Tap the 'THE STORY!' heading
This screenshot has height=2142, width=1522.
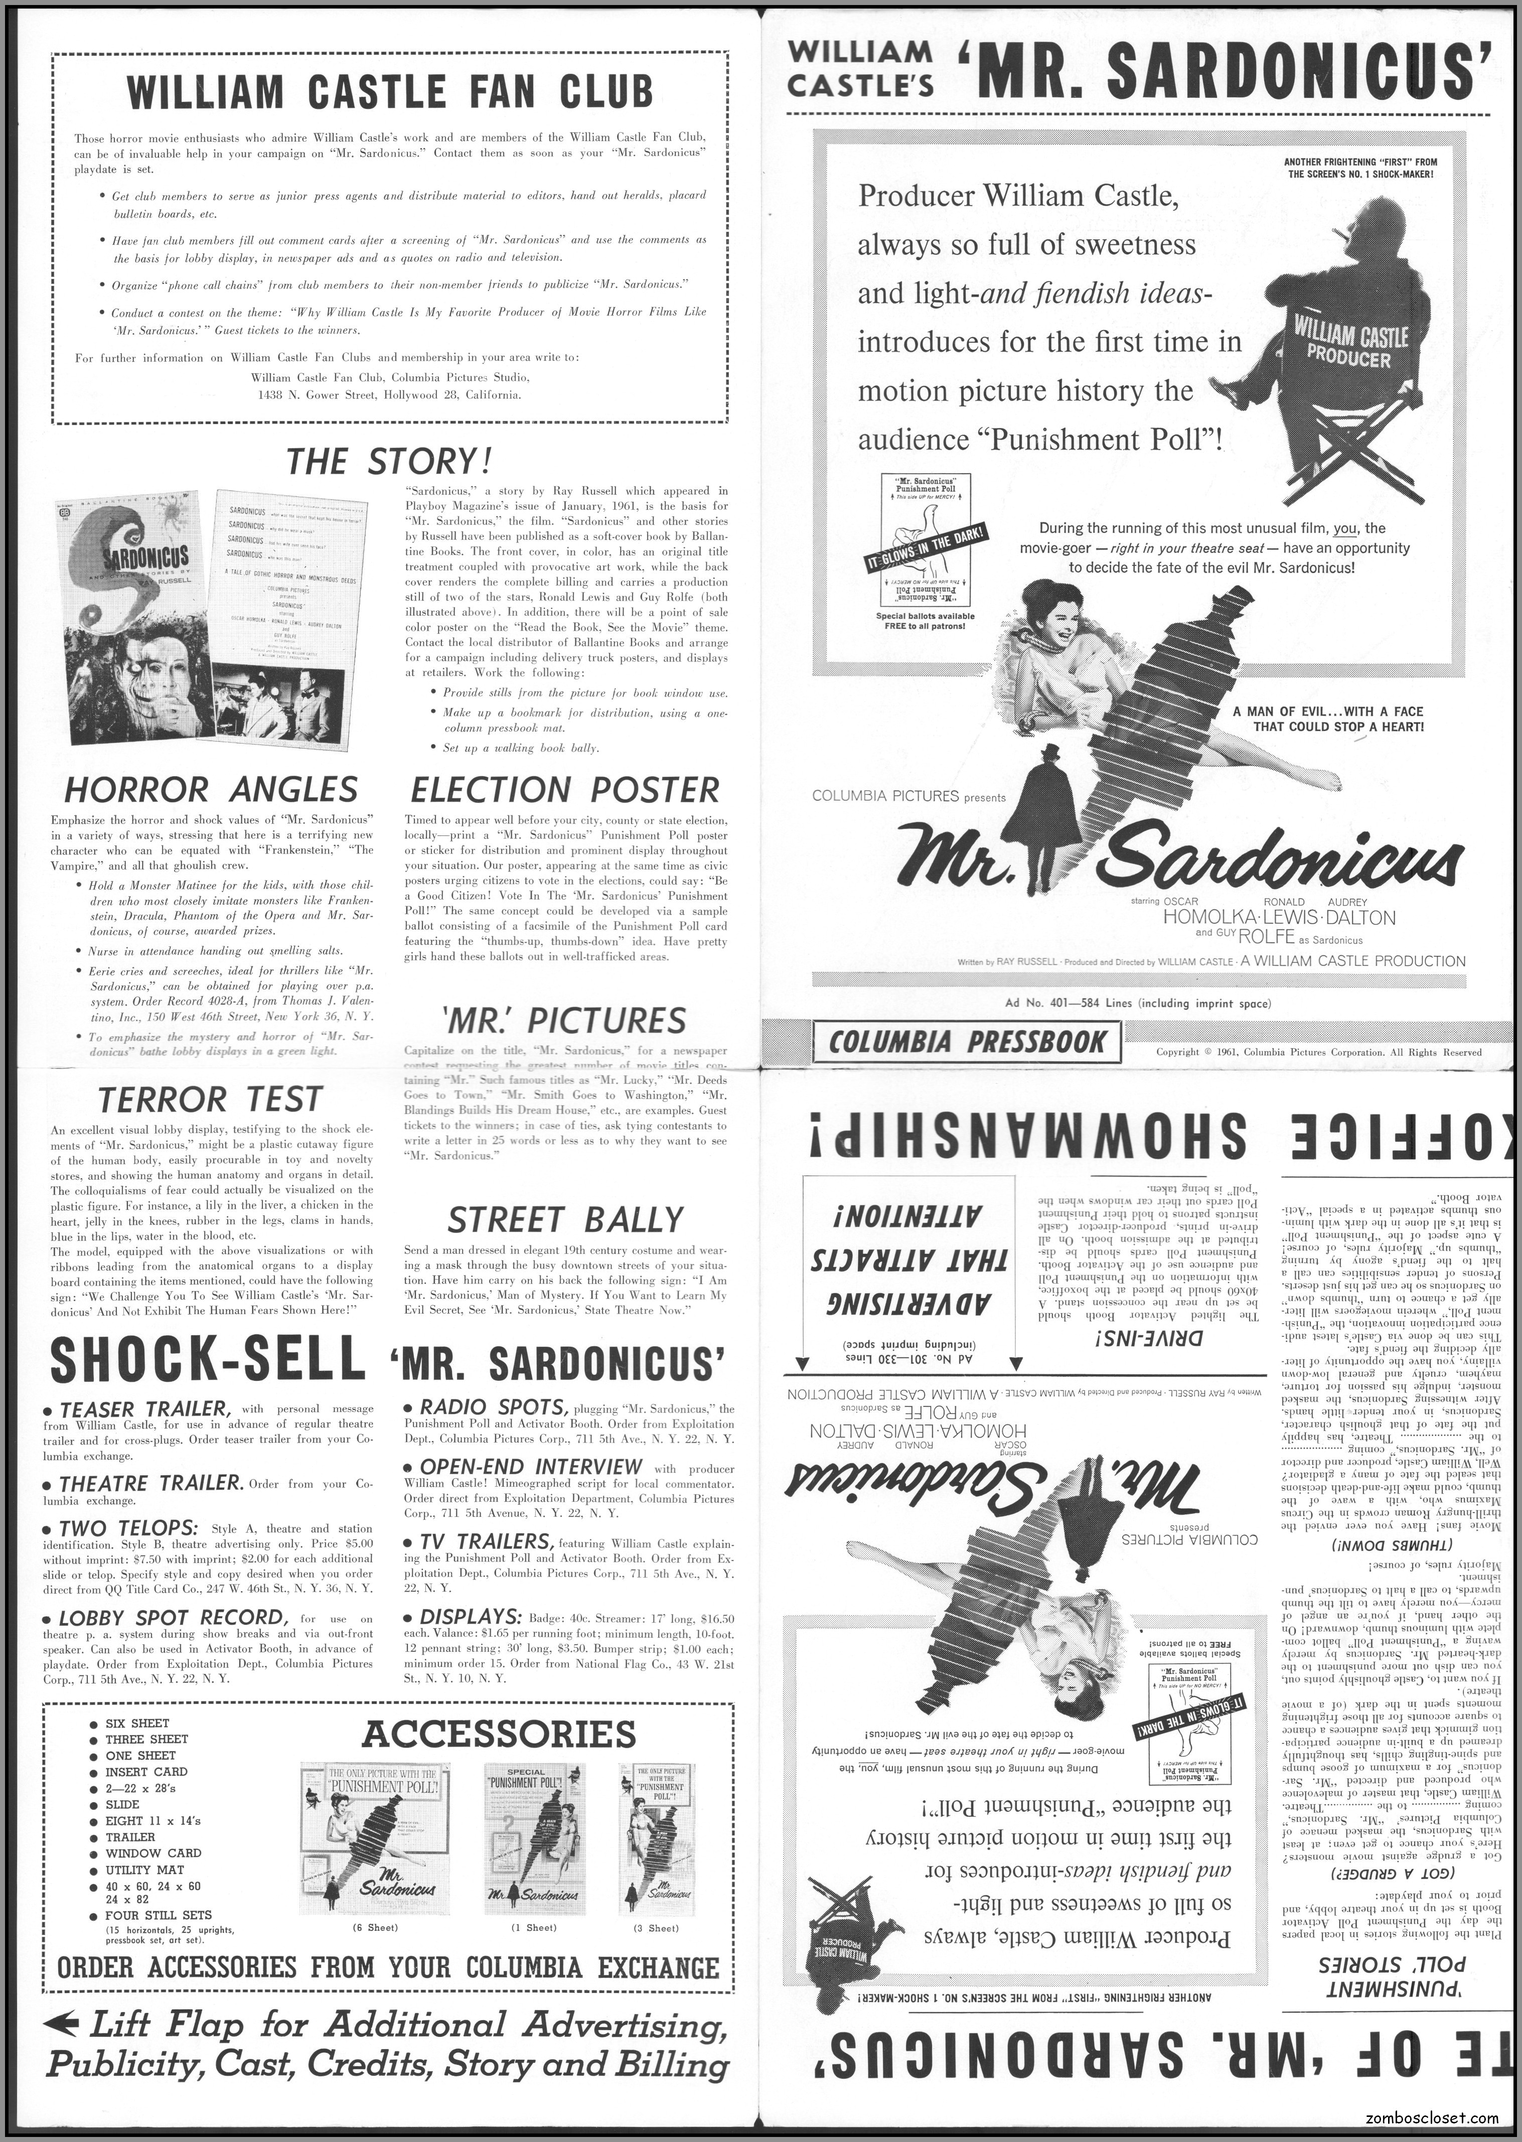tap(388, 461)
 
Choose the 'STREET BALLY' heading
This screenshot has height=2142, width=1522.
tap(565, 1220)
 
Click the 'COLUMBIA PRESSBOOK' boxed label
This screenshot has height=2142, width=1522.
tap(967, 1043)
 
